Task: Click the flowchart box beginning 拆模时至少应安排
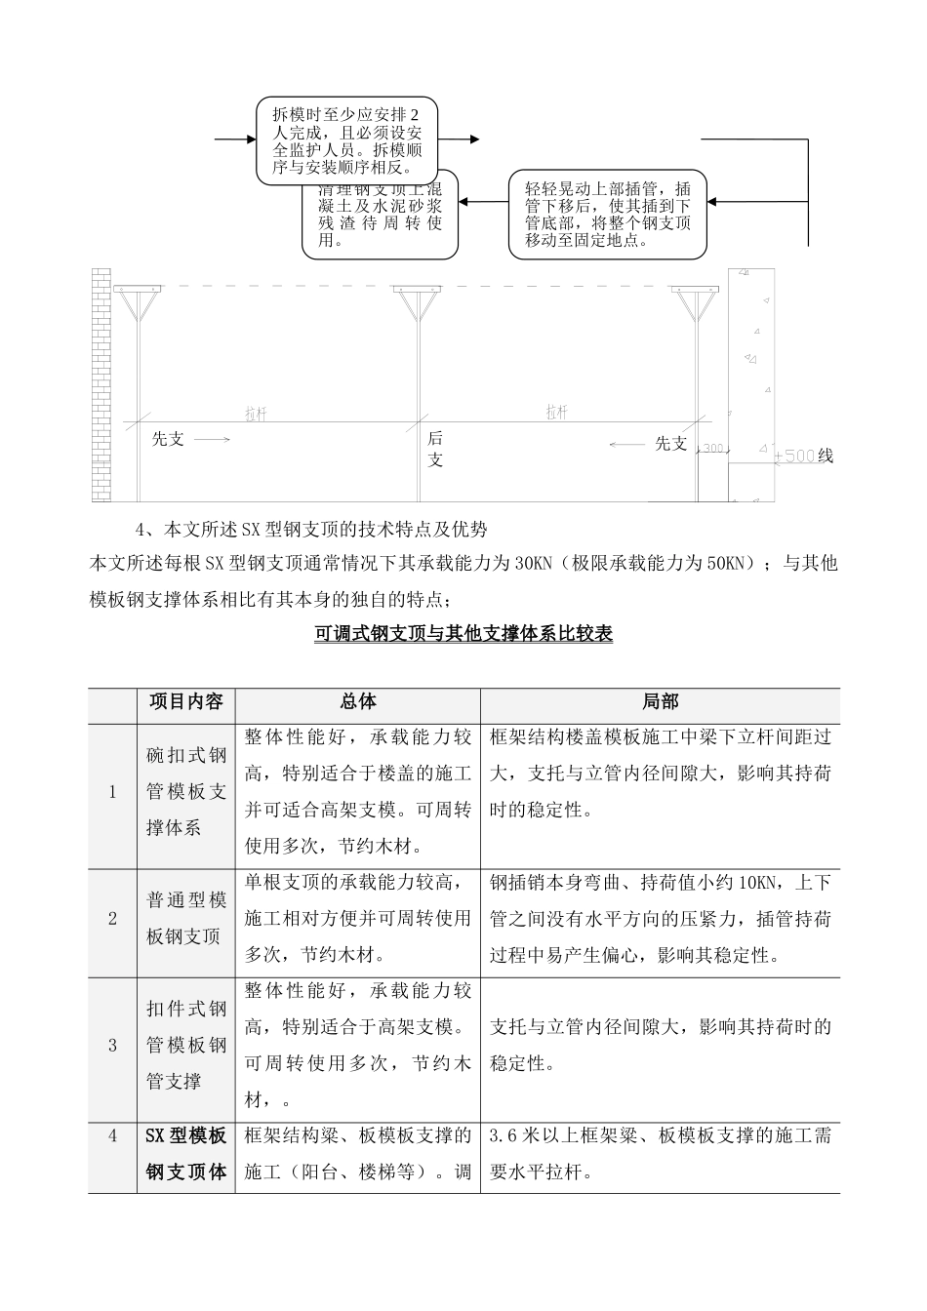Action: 346,141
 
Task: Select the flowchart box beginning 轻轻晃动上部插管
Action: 607,214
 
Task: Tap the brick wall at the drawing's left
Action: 101,385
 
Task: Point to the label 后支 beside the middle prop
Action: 435,450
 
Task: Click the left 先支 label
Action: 169,439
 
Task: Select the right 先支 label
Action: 670,444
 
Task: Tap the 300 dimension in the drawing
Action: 713,449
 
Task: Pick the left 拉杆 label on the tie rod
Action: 256,415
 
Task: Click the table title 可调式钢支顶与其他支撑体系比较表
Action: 463,634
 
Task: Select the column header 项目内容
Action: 185,701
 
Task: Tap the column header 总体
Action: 357,701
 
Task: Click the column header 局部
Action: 660,701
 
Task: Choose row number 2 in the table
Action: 112,919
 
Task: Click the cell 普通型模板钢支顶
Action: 185,919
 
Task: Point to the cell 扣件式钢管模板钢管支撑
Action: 185,1046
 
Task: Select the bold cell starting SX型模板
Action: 185,1154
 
